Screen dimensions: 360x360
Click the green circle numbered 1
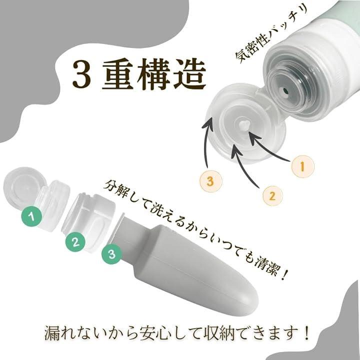click(x=31, y=216)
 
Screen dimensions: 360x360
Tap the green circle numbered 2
click(x=75, y=241)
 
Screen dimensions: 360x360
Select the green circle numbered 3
click(x=111, y=254)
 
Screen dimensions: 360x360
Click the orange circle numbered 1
click(x=302, y=166)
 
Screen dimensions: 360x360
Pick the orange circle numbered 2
click(x=272, y=196)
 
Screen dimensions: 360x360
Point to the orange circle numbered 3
click(x=210, y=181)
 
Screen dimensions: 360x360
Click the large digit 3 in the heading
click(x=82, y=75)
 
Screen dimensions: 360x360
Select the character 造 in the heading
click(x=189, y=74)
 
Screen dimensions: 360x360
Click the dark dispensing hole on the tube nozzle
click(x=285, y=90)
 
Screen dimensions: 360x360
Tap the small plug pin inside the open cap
click(x=243, y=125)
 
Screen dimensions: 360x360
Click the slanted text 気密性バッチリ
click(x=271, y=33)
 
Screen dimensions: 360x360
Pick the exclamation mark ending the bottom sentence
click(x=306, y=332)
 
